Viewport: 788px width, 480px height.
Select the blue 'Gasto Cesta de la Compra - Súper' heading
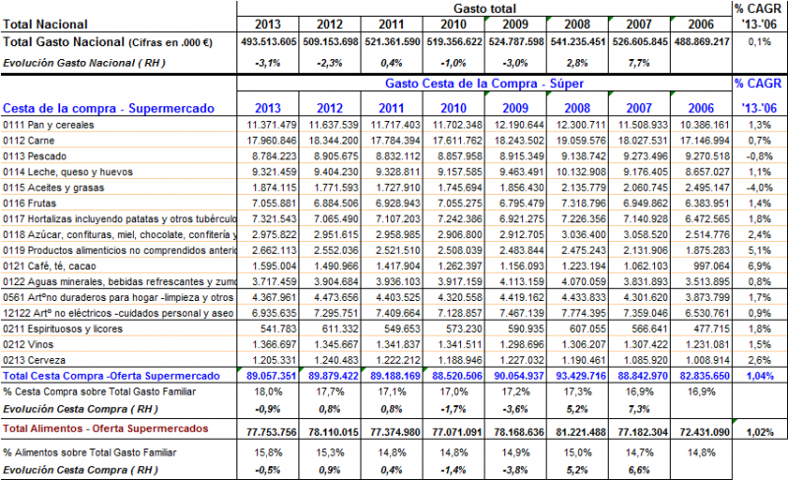484,86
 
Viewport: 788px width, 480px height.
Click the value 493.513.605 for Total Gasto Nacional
269,42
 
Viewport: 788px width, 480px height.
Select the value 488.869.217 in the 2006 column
696,42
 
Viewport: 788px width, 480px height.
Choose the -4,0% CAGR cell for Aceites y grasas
757,187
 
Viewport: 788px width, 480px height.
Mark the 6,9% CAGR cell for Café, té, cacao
758,266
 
